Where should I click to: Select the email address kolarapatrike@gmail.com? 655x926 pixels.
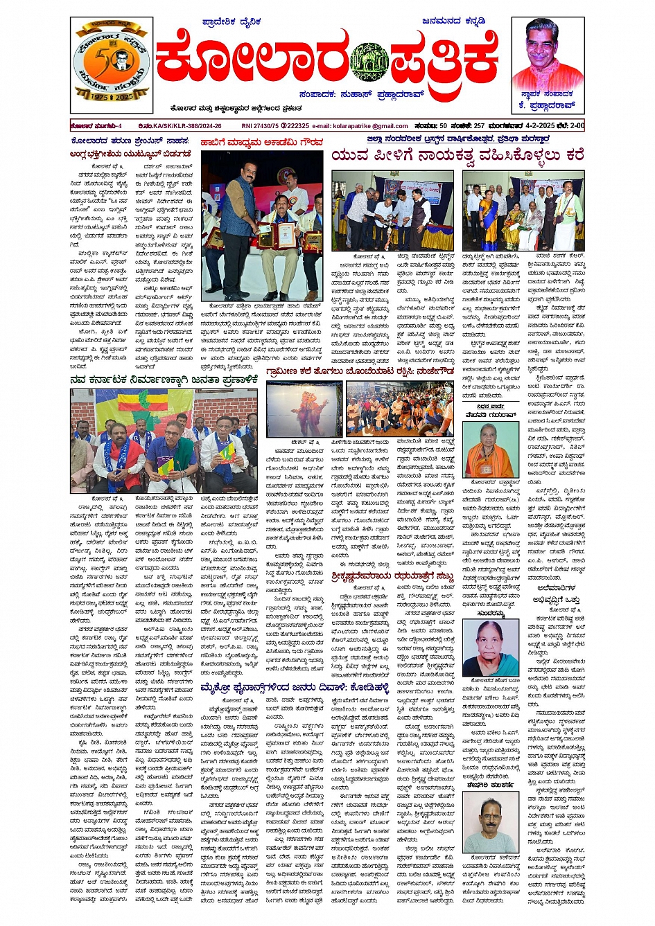click(370, 126)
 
